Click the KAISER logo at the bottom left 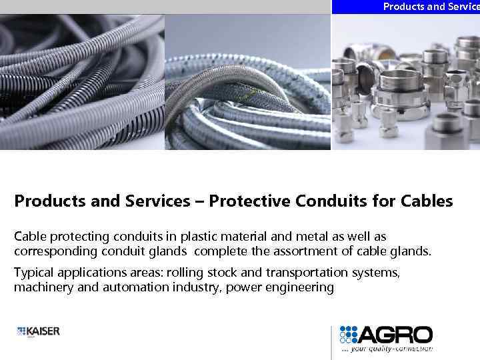coord(38,331)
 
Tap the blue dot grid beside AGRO coord(349,335)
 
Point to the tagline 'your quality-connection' coord(390,348)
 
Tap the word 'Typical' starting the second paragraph coord(34,272)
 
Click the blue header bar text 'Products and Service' coord(431,7)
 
